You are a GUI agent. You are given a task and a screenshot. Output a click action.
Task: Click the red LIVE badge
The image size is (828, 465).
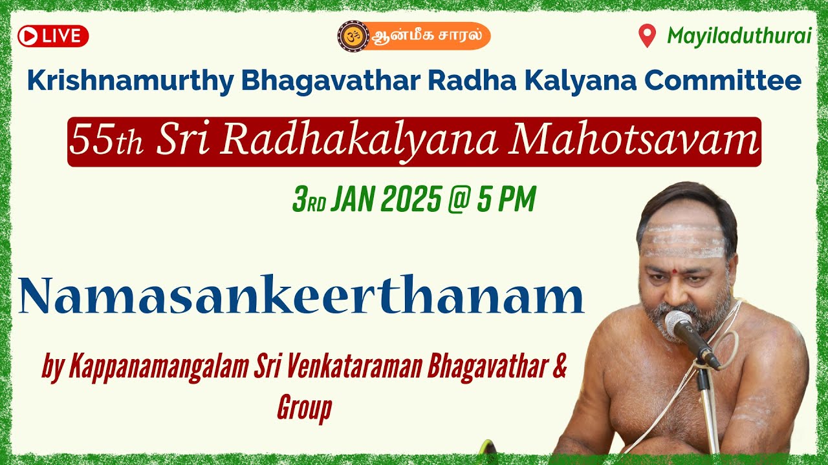(53, 36)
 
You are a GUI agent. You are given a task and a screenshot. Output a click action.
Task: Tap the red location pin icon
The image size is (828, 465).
(647, 36)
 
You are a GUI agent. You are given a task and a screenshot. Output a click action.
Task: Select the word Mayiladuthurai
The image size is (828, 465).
(739, 36)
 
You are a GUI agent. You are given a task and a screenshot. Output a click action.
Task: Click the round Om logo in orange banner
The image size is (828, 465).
(353, 36)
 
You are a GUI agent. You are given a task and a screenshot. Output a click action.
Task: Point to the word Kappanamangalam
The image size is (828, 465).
(157, 369)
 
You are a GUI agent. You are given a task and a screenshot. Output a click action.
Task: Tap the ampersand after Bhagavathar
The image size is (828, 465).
(560, 367)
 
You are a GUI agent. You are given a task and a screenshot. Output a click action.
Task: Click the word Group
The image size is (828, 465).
(304, 408)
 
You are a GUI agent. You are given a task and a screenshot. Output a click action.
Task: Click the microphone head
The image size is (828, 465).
(679, 324)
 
